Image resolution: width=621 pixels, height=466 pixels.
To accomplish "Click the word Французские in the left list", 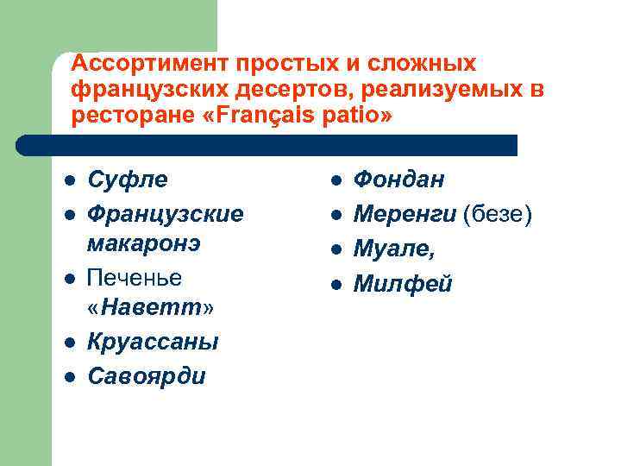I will [x=165, y=211].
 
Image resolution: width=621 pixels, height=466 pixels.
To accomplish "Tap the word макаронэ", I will [x=144, y=243].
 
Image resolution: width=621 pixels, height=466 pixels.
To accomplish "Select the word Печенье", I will [x=135, y=277].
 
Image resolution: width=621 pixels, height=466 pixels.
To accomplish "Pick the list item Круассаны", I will [x=153, y=343].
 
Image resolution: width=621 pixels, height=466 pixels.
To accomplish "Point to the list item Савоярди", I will [x=147, y=375].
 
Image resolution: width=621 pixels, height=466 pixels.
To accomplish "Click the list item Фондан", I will [x=399, y=179].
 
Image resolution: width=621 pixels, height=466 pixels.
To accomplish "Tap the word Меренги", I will [x=405, y=212].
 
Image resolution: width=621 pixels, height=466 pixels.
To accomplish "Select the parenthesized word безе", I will [x=498, y=212].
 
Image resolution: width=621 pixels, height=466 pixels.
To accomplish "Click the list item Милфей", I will [x=403, y=284].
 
